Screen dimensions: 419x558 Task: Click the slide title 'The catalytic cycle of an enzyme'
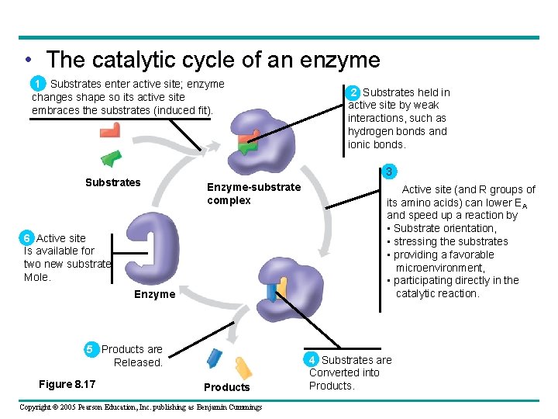click(x=213, y=60)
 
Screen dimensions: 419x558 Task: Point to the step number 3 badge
click(x=391, y=171)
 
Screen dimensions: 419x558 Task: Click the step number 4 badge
click(x=312, y=360)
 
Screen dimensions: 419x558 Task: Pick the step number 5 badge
click(x=89, y=349)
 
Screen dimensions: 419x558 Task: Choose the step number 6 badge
click(x=27, y=238)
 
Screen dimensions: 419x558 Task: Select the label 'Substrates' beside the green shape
click(x=112, y=182)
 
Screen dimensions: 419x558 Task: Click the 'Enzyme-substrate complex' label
click(x=253, y=194)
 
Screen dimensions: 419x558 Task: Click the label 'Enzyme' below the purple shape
click(x=154, y=295)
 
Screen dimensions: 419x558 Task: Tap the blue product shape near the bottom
click(x=215, y=358)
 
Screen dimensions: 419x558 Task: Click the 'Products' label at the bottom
click(x=226, y=387)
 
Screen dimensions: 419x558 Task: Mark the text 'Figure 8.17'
click(x=67, y=384)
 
